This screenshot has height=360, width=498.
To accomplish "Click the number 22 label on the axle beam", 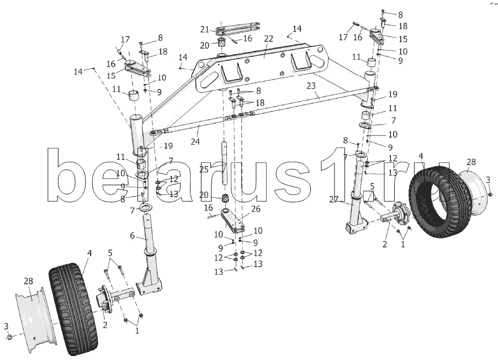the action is pos(268,39).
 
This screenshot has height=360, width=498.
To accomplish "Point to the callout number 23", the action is pos(311,86).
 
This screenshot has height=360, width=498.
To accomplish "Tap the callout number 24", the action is pos(195,141).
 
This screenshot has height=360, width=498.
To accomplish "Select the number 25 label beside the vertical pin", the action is pos(204,170).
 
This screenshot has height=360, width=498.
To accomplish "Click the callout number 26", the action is pos(256,209).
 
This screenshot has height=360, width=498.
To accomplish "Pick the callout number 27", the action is pos(334,199).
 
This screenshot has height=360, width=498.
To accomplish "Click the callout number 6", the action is pos(133,236).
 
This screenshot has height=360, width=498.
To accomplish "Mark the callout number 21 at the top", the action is pos(204,30).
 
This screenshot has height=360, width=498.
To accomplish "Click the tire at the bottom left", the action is pos(73,308).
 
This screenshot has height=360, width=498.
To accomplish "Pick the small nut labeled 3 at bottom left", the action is pos(9,337).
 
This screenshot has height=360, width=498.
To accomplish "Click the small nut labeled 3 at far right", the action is pos(490,194).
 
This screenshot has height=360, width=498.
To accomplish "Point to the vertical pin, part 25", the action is pos(225,163).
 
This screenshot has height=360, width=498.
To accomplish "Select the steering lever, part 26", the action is pos(233,220).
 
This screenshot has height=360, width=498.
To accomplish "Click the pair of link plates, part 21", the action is pos(238,28).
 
